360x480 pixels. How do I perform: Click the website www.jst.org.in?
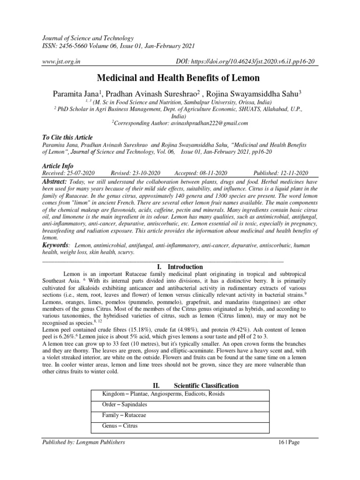point(61,61)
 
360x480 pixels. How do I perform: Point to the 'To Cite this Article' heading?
point(67,138)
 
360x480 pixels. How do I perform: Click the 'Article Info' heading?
point(58,166)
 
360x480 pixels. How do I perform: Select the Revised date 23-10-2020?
point(136,173)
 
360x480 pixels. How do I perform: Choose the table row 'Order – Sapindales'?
point(118,405)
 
